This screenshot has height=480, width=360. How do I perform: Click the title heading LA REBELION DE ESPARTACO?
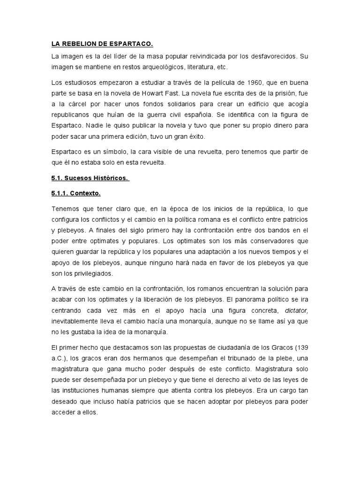point(102,45)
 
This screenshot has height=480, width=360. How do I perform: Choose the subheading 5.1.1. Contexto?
point(76,193)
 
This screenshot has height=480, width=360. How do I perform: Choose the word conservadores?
point(270,241)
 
